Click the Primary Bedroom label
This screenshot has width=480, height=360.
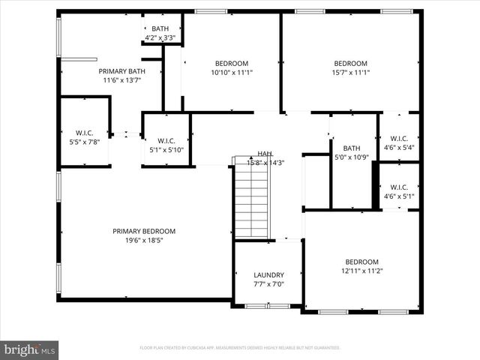[x=144, y=231]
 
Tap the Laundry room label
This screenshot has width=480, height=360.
[x=268, y=275]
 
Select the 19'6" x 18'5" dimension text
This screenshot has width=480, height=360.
[x=144, y=241]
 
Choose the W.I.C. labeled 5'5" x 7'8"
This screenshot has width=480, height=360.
[x=83, y=136]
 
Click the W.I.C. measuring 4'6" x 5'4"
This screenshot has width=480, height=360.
[x=399, y=142]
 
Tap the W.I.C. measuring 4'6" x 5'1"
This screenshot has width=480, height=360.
[x=399, y=191]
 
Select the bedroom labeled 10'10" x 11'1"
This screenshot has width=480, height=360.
[x=231, y=67]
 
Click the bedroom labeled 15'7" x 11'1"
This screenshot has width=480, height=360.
[x=350, y=67]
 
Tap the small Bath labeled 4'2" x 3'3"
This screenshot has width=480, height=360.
[x=160, y=32]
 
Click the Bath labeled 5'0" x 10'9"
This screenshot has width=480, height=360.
[x=352, y=152]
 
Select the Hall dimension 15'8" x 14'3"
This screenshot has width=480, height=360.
[x=265, y=163]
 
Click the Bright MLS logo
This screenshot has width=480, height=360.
[x=30, y=349]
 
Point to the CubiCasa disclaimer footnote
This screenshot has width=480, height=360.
[x=240, y=348]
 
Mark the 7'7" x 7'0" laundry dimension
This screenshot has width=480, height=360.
[x=268, y=285]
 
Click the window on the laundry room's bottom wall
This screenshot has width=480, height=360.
[x=268, y=306]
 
